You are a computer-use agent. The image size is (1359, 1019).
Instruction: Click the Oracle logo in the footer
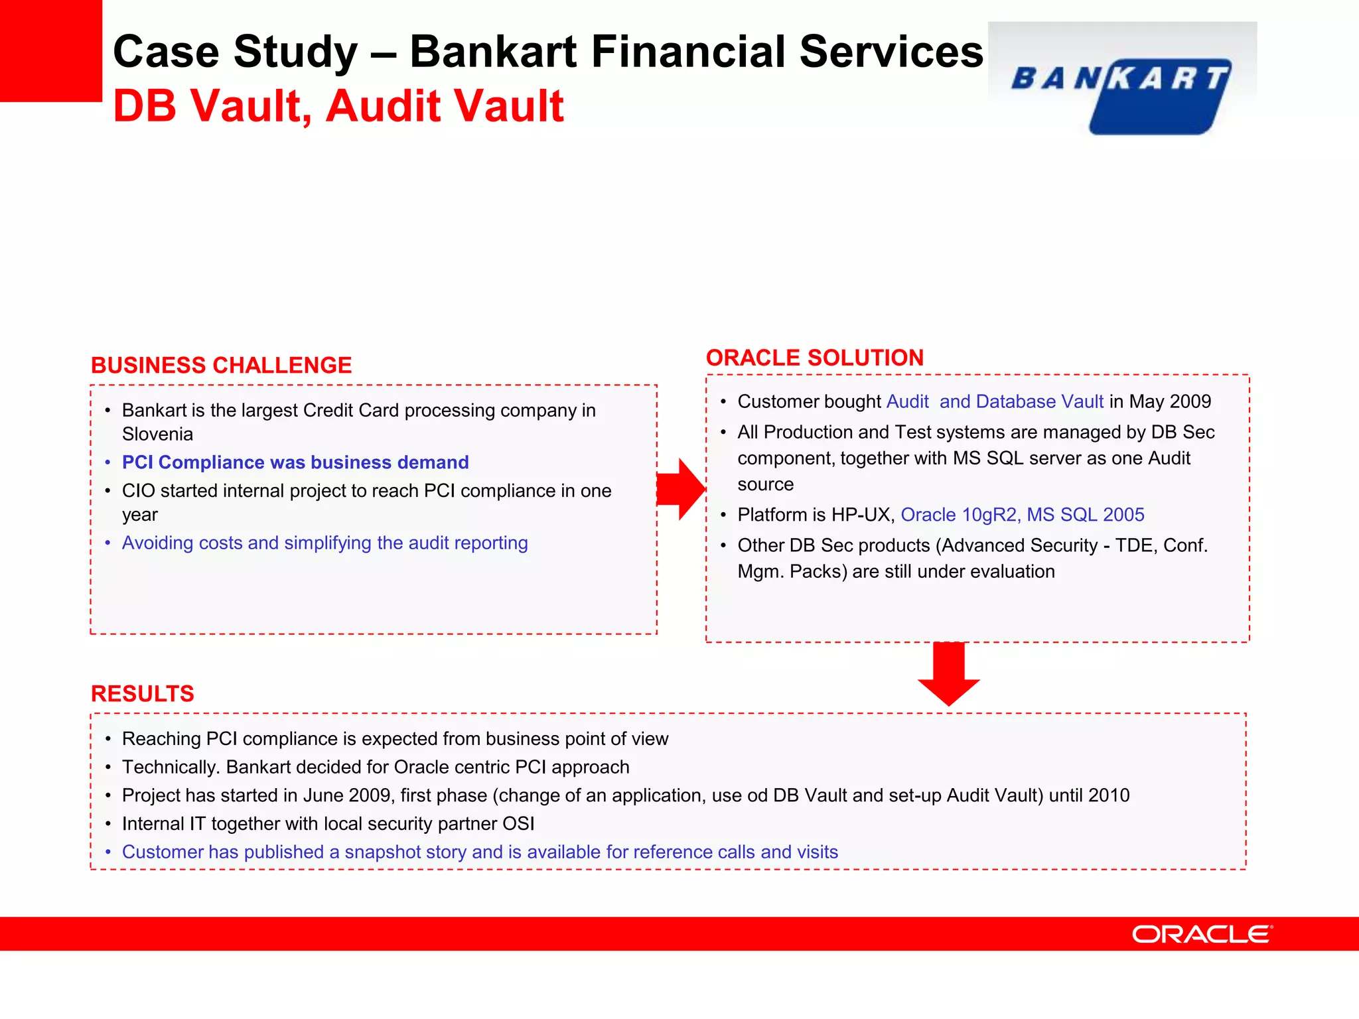[1202, 934]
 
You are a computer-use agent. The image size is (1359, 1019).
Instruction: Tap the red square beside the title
[50, 50]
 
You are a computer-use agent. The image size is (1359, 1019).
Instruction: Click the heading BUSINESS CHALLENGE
[221, 366]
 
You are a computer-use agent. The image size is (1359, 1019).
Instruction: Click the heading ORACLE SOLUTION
[814, 358]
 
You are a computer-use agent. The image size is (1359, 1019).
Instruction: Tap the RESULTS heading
[143, 694]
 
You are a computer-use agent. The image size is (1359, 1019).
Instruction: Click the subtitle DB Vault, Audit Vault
[338, 106]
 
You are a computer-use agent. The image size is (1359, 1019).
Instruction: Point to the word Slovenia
[157, 435]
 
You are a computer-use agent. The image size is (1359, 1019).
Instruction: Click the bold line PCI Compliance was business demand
[295, 462]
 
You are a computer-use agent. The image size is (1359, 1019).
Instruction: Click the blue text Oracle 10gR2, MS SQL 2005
[1022, 515]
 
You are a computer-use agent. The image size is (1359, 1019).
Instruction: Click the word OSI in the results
[518, 824]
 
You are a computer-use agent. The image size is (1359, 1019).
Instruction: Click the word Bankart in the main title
[494, 52]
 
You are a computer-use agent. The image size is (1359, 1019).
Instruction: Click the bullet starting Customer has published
[479, 852]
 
